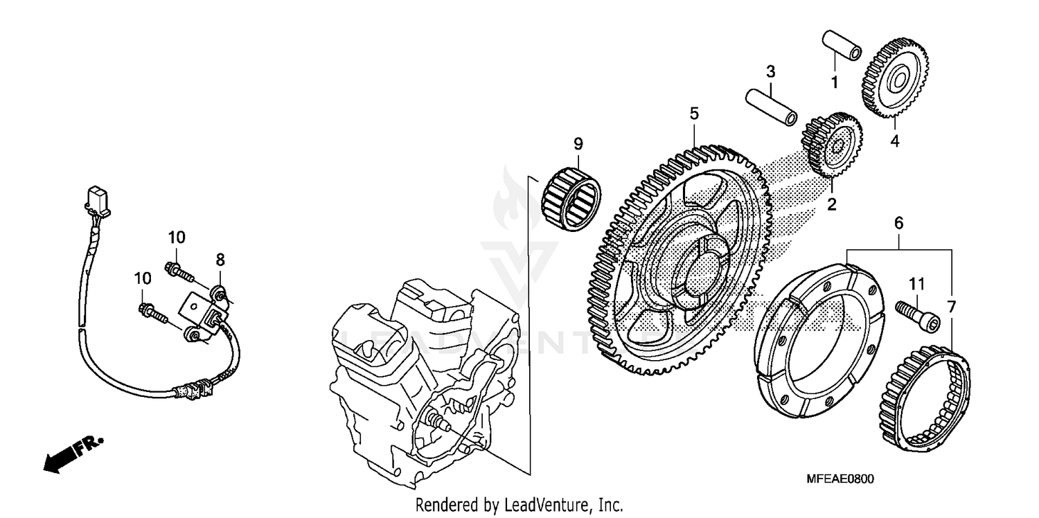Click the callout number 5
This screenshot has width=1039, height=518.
[x=694, y=113]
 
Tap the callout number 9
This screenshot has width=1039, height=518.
[x=578, y=144]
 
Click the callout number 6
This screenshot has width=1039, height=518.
[x=898, y=223]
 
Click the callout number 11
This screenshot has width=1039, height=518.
[x=917, y=283]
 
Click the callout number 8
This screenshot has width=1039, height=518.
[x=220, y=260]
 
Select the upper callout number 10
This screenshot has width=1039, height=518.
[x=176, y=238]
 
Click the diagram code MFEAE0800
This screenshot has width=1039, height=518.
[x=840, y=479]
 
